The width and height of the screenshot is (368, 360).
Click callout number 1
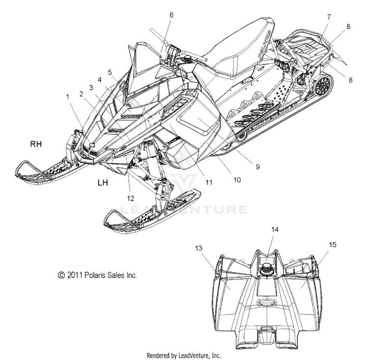click(x=68, y=97)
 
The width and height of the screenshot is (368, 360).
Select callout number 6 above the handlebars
click(x=172, y=15)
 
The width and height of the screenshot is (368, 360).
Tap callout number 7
click(x=329, y=17)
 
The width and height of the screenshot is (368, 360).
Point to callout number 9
click(x=258, y=166)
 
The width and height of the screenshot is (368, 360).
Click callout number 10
click(x=237, y=180)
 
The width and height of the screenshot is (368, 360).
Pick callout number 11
click(x=209, y=182)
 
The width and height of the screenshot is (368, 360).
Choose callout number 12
click(x=131, y=198)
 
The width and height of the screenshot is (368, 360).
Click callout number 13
click(x=199, y=248)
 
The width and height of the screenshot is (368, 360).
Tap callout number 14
click(x=275, y=229)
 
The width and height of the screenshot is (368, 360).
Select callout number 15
click(x=333, y=245)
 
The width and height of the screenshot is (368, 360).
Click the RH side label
click(x=36, y=144)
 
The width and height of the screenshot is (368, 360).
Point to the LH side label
click(x=103, y=182)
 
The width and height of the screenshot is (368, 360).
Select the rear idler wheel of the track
click(x=323, y=84)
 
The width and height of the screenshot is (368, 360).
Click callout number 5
click(x=110, y=72)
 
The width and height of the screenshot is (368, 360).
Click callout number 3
click(x=91, y=87)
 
